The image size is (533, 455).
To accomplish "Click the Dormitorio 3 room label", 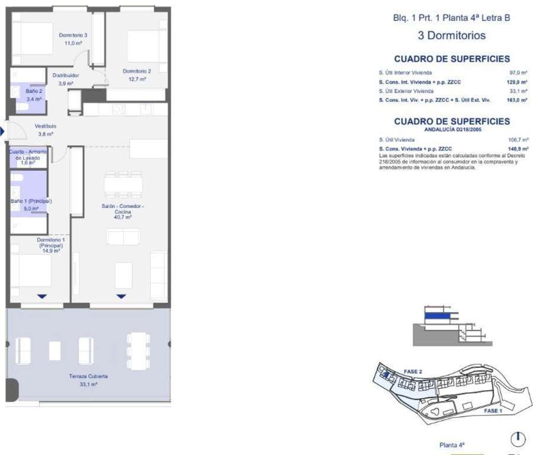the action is tap(73, 35).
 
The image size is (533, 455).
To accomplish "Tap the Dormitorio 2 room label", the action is tap(137, 71).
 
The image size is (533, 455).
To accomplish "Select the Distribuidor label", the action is tap(66, 75).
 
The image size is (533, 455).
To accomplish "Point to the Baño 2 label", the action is tap(34, 91).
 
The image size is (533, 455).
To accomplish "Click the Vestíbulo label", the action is tap(46, 126).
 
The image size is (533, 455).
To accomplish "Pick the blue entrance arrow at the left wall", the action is tap(2, 131).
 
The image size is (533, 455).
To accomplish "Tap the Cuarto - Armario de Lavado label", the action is tap(28, 155).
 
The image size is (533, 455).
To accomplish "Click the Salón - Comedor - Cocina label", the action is tap(122, 209).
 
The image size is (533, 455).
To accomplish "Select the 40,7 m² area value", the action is tap(122, 217).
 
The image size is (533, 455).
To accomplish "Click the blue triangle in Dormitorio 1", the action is tap(42, 296).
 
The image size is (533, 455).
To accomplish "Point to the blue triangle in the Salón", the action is tap(121, 296).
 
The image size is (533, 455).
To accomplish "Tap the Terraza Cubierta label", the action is tap(88, 376).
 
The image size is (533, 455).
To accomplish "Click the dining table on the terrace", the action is tap(138, 351).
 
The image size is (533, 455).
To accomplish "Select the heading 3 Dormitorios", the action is tap(452, 36).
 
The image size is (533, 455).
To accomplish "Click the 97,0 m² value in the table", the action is tap(518, 72).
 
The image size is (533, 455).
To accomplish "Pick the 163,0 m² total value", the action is tap(517, 100).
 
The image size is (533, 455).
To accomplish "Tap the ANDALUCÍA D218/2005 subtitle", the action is tap(453, 129).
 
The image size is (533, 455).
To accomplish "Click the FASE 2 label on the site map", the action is tap(413, 371).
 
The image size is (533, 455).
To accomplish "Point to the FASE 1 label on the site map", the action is tap(493, 411).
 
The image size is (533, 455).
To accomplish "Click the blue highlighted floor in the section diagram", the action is tap(438, 316).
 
